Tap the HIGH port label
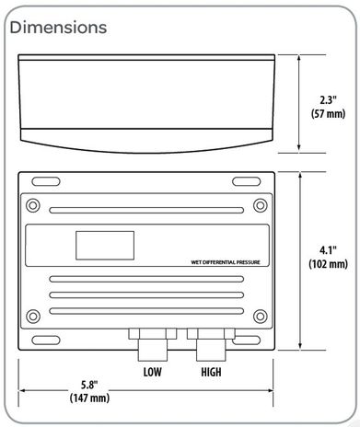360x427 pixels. click(211, 374)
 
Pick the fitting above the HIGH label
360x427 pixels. click(210, 344)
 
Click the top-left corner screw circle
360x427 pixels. click(34, 204)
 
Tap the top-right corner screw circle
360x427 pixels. click(261, 204)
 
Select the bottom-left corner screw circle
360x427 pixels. click(34, 317)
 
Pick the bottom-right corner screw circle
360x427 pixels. click(261, 317)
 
